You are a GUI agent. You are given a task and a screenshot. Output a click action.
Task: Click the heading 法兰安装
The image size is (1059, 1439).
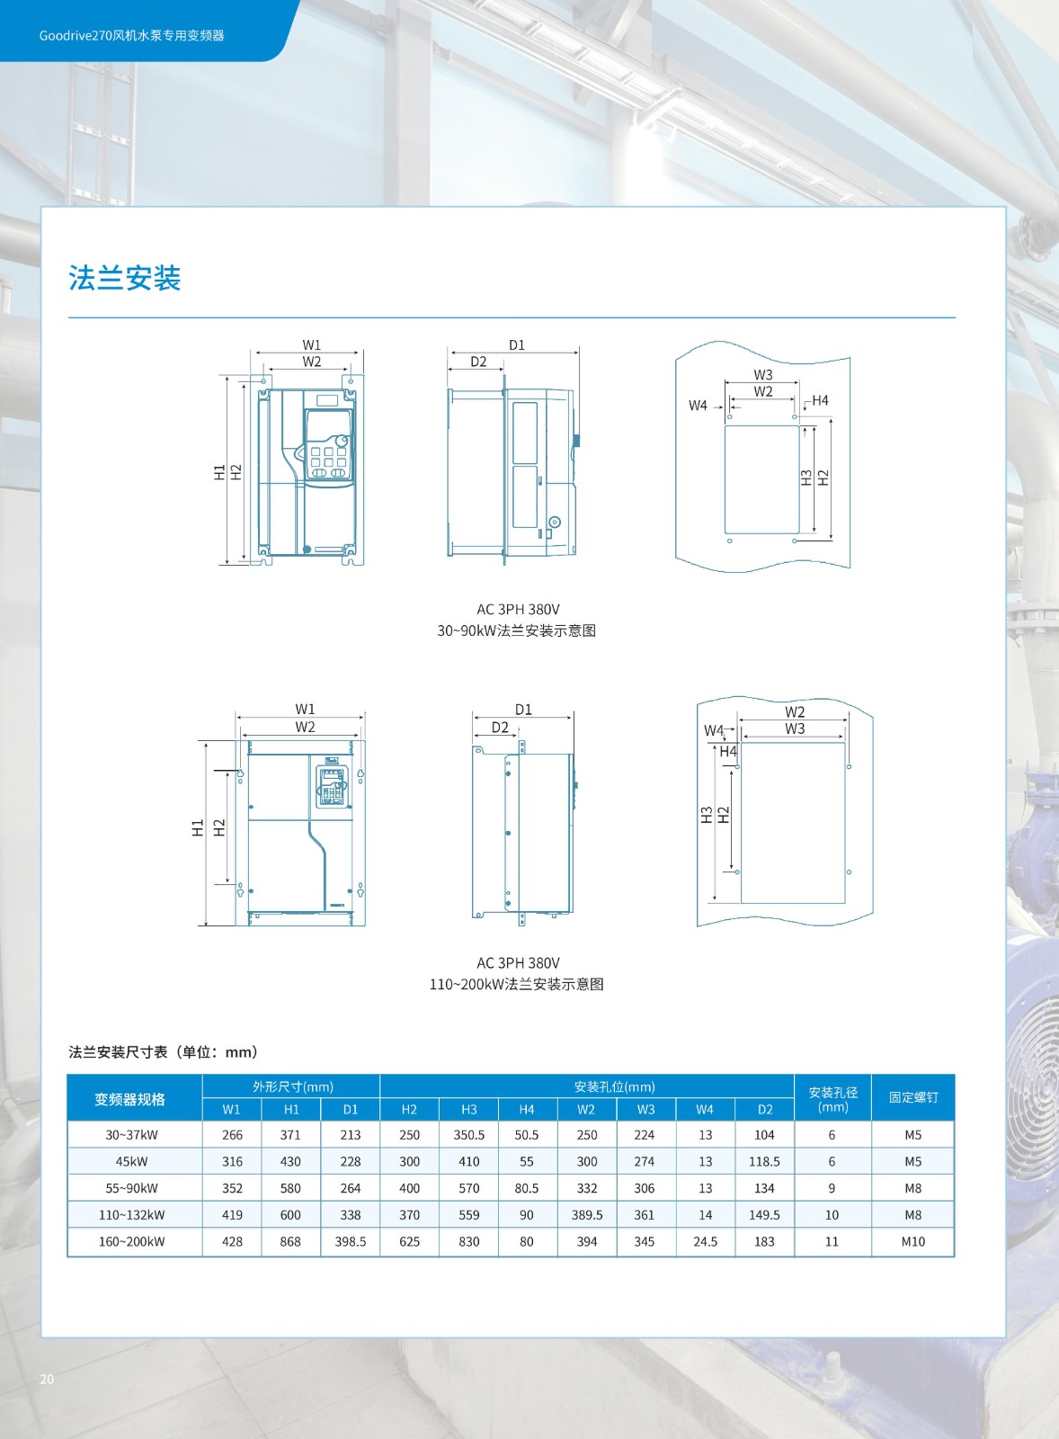click(125, 278)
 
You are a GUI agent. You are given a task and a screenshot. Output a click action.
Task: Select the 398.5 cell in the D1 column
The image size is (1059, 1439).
click(350, 1241)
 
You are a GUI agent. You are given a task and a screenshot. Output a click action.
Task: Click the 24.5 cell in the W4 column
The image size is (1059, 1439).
click(705, 1241)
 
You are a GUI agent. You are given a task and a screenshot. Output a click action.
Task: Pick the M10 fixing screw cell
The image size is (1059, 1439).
click(912, 1241)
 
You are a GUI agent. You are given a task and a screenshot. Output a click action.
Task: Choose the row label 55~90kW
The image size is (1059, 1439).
click(131, 1188)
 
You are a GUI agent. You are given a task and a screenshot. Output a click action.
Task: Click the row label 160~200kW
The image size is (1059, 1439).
click(131, 1241)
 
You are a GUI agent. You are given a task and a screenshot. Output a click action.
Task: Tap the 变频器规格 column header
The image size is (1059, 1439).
click(129, 1099)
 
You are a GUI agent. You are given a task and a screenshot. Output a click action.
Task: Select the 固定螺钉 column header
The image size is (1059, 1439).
click(912, 1097)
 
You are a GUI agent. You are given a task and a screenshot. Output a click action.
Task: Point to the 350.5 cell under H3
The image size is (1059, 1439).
click(468, 1134)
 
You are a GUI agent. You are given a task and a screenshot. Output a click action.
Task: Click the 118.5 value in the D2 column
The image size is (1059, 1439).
click(764, 1161)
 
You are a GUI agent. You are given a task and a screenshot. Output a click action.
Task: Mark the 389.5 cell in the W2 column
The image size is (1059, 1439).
click(587, 1215)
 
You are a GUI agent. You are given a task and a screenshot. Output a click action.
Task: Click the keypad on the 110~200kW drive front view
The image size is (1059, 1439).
click(332, 785)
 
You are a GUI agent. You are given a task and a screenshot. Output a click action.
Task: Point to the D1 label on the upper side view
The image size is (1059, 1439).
click(517, 345)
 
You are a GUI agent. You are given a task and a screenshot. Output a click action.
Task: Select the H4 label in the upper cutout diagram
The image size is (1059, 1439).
click(820, 401)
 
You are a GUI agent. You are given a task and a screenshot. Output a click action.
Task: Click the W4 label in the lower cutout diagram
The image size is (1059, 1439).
click(714, 730)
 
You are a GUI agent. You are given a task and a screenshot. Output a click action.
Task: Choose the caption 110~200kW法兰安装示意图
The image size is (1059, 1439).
click(516, 984)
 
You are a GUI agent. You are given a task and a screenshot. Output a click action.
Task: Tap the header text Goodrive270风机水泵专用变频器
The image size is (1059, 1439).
click(131, 35)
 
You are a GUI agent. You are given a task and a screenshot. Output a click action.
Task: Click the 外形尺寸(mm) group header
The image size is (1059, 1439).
click(293, 1086)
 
